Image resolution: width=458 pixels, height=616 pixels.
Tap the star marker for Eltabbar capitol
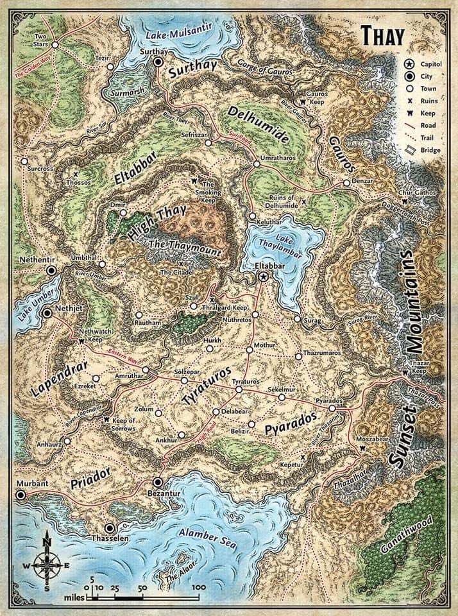263,275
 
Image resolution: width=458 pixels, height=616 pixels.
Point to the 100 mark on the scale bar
198,587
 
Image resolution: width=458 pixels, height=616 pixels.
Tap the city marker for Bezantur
158,482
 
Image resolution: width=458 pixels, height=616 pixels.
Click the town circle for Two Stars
55,45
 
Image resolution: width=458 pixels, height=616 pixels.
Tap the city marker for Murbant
22,495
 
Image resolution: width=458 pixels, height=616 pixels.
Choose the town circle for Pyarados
332,408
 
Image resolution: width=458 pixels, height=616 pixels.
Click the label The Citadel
175,273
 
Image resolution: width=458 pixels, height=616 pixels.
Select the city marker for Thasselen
110,527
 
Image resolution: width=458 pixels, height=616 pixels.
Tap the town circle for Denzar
346,183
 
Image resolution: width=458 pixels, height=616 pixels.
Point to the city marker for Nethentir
53,271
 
